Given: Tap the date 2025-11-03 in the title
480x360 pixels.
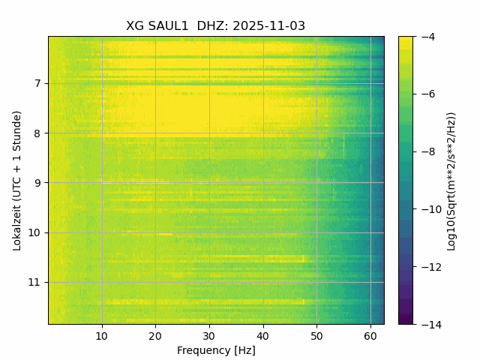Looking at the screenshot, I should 268,26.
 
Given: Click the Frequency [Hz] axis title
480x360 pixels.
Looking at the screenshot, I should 216,350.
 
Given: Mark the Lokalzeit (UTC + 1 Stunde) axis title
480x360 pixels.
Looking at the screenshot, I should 16,180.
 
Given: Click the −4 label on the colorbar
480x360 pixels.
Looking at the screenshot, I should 424,37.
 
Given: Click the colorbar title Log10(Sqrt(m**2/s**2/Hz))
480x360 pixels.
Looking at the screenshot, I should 451,180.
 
